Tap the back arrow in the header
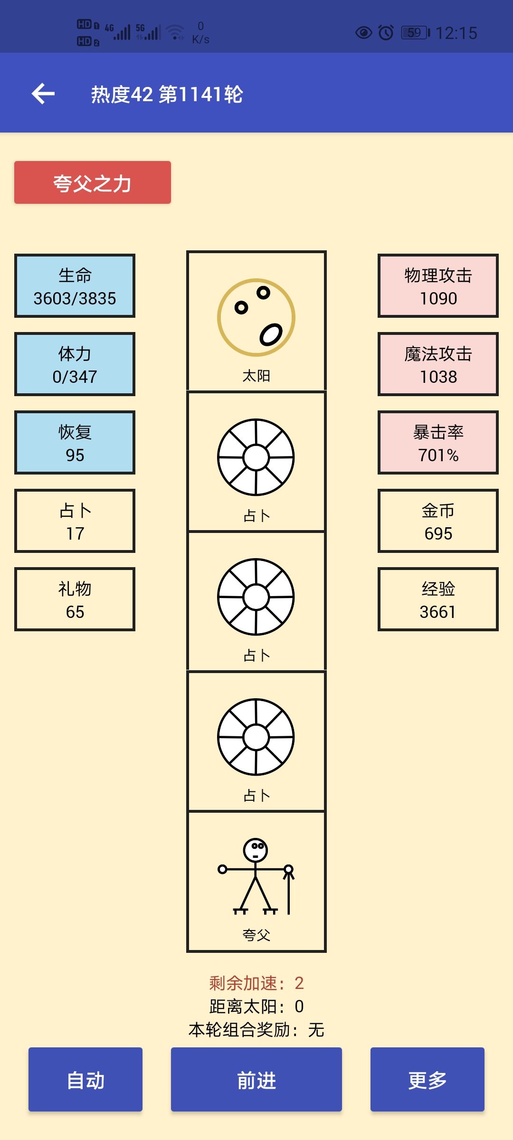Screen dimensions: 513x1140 (x=43, y=93)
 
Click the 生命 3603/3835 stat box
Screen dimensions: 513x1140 (x=75, y=285)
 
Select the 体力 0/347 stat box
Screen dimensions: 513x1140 (x=75, y=364)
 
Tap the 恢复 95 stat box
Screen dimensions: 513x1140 (x=75, y=442)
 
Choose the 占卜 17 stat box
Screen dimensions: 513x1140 (x=75, y=521)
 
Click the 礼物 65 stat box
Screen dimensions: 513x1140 (x=75, y=599)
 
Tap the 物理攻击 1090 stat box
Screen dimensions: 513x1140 (x=438, y=285)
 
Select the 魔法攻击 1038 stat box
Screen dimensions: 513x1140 (x=438, y=364)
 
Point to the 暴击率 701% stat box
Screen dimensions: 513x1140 (x=438, y=442)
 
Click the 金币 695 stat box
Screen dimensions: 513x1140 (x=438, y=521)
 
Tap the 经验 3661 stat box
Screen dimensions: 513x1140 (x=438, y=599)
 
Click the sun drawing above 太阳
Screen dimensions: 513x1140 (x=256, y=317)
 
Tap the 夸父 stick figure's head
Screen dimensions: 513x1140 (x=256, y=850)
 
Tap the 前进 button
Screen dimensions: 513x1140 (x=256, y=1079)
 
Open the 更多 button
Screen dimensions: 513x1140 (x=427, y=1079)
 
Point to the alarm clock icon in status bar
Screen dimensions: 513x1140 (x=386, y=32)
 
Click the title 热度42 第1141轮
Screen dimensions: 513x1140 (x=167, y=94)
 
